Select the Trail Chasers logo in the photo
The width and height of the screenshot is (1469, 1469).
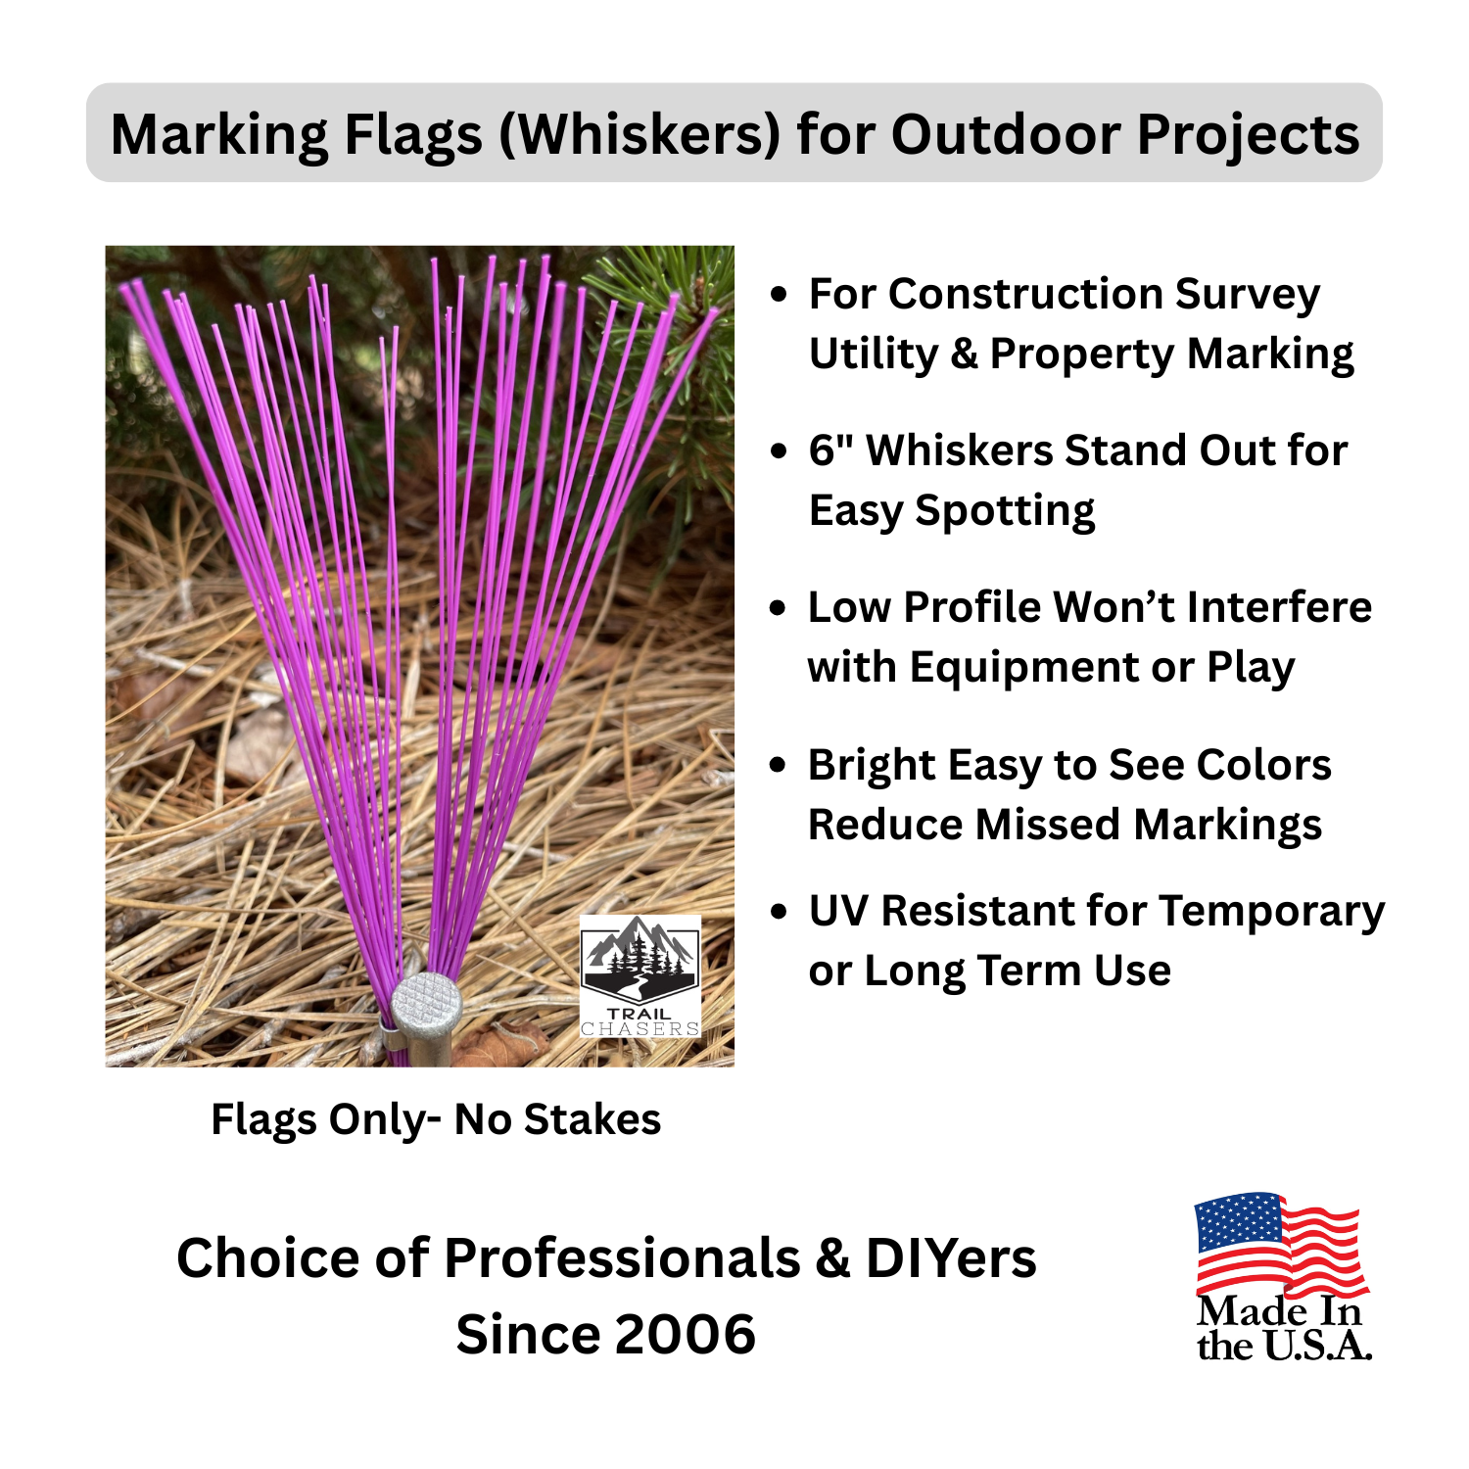(640, 975)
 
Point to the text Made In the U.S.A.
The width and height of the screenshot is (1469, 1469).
(1283, 1329)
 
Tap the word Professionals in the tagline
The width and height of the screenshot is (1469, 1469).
(622, 1258)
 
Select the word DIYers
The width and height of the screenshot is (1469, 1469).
(951, 1258)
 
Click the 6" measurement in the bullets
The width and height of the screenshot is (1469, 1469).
(830, 450)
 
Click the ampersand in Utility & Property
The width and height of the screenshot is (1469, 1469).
(964, 355)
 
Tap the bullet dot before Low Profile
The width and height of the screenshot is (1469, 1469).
(779, 608)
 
